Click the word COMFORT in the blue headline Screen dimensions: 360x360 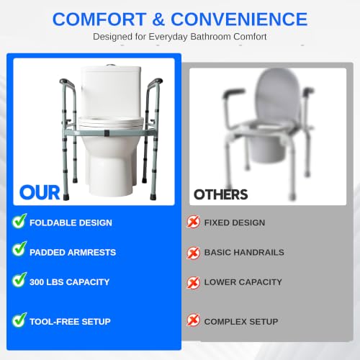tap(99, 19)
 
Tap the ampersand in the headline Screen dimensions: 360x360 tap(158, 19)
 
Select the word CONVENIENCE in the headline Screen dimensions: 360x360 tap(239, 19)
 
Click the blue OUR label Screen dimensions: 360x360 tap(40, 192)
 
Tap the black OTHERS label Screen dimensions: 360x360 tap(220, 194)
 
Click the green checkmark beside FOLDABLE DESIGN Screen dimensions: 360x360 tap(19, 221)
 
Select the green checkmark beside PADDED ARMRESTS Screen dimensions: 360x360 tap(19, 249)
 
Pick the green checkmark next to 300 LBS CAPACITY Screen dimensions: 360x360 tap(19, 279)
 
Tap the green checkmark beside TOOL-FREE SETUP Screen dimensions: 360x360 tap(19, 320)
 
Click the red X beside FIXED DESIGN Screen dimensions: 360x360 tap(193, 222)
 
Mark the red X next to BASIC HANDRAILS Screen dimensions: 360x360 tap(193, 253)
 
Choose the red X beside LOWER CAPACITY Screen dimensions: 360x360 tap(193, 282)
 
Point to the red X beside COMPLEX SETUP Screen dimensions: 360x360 tap(193, 320)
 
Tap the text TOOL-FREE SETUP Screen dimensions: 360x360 tap(70, 322)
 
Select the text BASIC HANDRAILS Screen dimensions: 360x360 tap(244, 252)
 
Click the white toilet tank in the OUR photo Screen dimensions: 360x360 tap(111, 91)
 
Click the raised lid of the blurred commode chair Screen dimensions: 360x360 tap(278, 95)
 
